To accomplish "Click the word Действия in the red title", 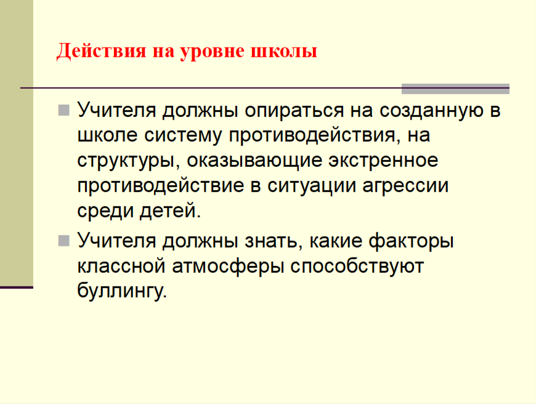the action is click(101, 52).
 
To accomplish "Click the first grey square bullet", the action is click(64, 110).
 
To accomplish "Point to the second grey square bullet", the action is click(64, 241).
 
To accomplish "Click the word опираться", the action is click(294, 111).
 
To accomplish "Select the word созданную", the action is click(431, 111).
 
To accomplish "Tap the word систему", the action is click(183, 135).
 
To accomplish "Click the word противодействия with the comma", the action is click(314, 136).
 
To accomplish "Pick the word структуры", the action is click(129, 161).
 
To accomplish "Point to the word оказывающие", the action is click(254, 161).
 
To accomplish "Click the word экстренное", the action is click(383, 160).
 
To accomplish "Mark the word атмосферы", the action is click(228, 267).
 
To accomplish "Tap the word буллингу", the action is click(122, 291).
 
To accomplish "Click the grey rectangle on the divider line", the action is click(455, 89).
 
